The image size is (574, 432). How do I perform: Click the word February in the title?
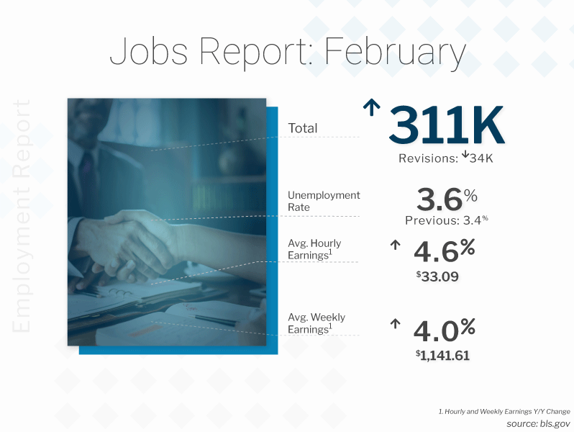395,51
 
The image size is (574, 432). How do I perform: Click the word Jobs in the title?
149,51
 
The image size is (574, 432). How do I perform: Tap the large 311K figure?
446,125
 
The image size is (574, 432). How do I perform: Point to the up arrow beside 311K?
371,107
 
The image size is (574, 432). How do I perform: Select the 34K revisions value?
481,158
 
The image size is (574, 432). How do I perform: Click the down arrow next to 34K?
465,154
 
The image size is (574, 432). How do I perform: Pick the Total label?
303,128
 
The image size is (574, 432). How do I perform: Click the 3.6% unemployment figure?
447,199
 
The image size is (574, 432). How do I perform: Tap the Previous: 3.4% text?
447,220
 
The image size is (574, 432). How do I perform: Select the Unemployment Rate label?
324,201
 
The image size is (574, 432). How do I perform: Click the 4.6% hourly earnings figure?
444,251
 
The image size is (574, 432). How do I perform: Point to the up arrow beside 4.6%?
395,245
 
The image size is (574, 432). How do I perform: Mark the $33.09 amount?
437,276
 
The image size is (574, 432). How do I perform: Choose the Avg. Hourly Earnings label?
314,249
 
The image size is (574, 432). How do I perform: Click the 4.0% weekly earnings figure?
444,330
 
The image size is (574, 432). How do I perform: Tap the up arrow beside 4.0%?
395,324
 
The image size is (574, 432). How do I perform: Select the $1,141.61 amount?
442,355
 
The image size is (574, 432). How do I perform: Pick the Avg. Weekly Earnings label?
316,323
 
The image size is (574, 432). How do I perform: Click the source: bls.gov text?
538,423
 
